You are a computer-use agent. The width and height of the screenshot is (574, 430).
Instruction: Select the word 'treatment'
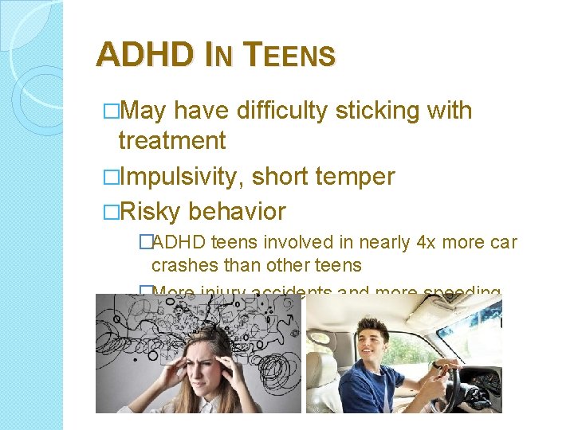pos(171,141)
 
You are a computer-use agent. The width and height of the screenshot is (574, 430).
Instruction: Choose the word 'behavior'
pos(237,212)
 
